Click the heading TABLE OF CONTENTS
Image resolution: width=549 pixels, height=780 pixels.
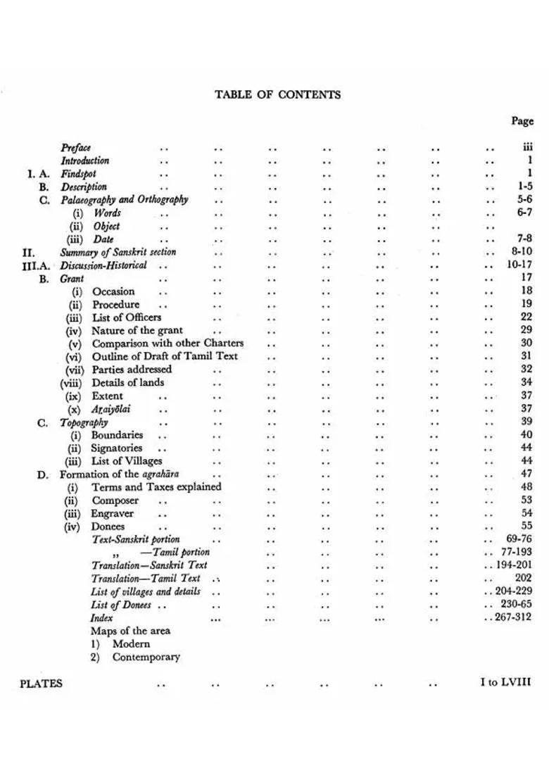[x=277, y=94]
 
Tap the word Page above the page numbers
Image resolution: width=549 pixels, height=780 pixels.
[x=522, y=121]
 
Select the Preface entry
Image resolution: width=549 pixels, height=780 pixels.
[x=75, y=148]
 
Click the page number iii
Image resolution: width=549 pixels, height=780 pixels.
[x=527, y=147]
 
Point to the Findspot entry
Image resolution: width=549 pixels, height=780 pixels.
[x=78, y=174]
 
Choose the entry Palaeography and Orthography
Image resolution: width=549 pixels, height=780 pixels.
[x=124, y=200]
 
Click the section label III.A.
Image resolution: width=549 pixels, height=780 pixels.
[x=36, y=266]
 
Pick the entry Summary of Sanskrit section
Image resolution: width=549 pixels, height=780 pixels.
[x=118, y=252]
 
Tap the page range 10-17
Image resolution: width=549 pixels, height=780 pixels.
[x=519, y=265]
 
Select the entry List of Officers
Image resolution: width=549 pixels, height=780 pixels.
[x=127, y=317]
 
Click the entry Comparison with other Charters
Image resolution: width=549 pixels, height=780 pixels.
[x=168, y=344]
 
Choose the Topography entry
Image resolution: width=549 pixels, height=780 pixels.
[x=84, y=422]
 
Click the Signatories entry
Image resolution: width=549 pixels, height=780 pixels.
[x=116, y=448]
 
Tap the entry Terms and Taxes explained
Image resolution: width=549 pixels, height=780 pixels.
[x=156, y=487]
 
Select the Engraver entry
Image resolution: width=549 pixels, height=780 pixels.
[x=112, y=514]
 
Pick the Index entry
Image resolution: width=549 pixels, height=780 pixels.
[x=101, y=618]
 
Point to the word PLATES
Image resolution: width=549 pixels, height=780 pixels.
[x=41, y=684]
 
